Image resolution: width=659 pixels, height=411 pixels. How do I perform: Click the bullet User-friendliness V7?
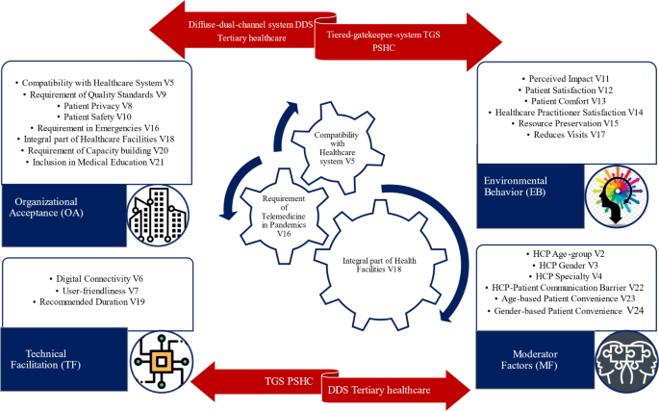pyautogui.click(x=96, y=290)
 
